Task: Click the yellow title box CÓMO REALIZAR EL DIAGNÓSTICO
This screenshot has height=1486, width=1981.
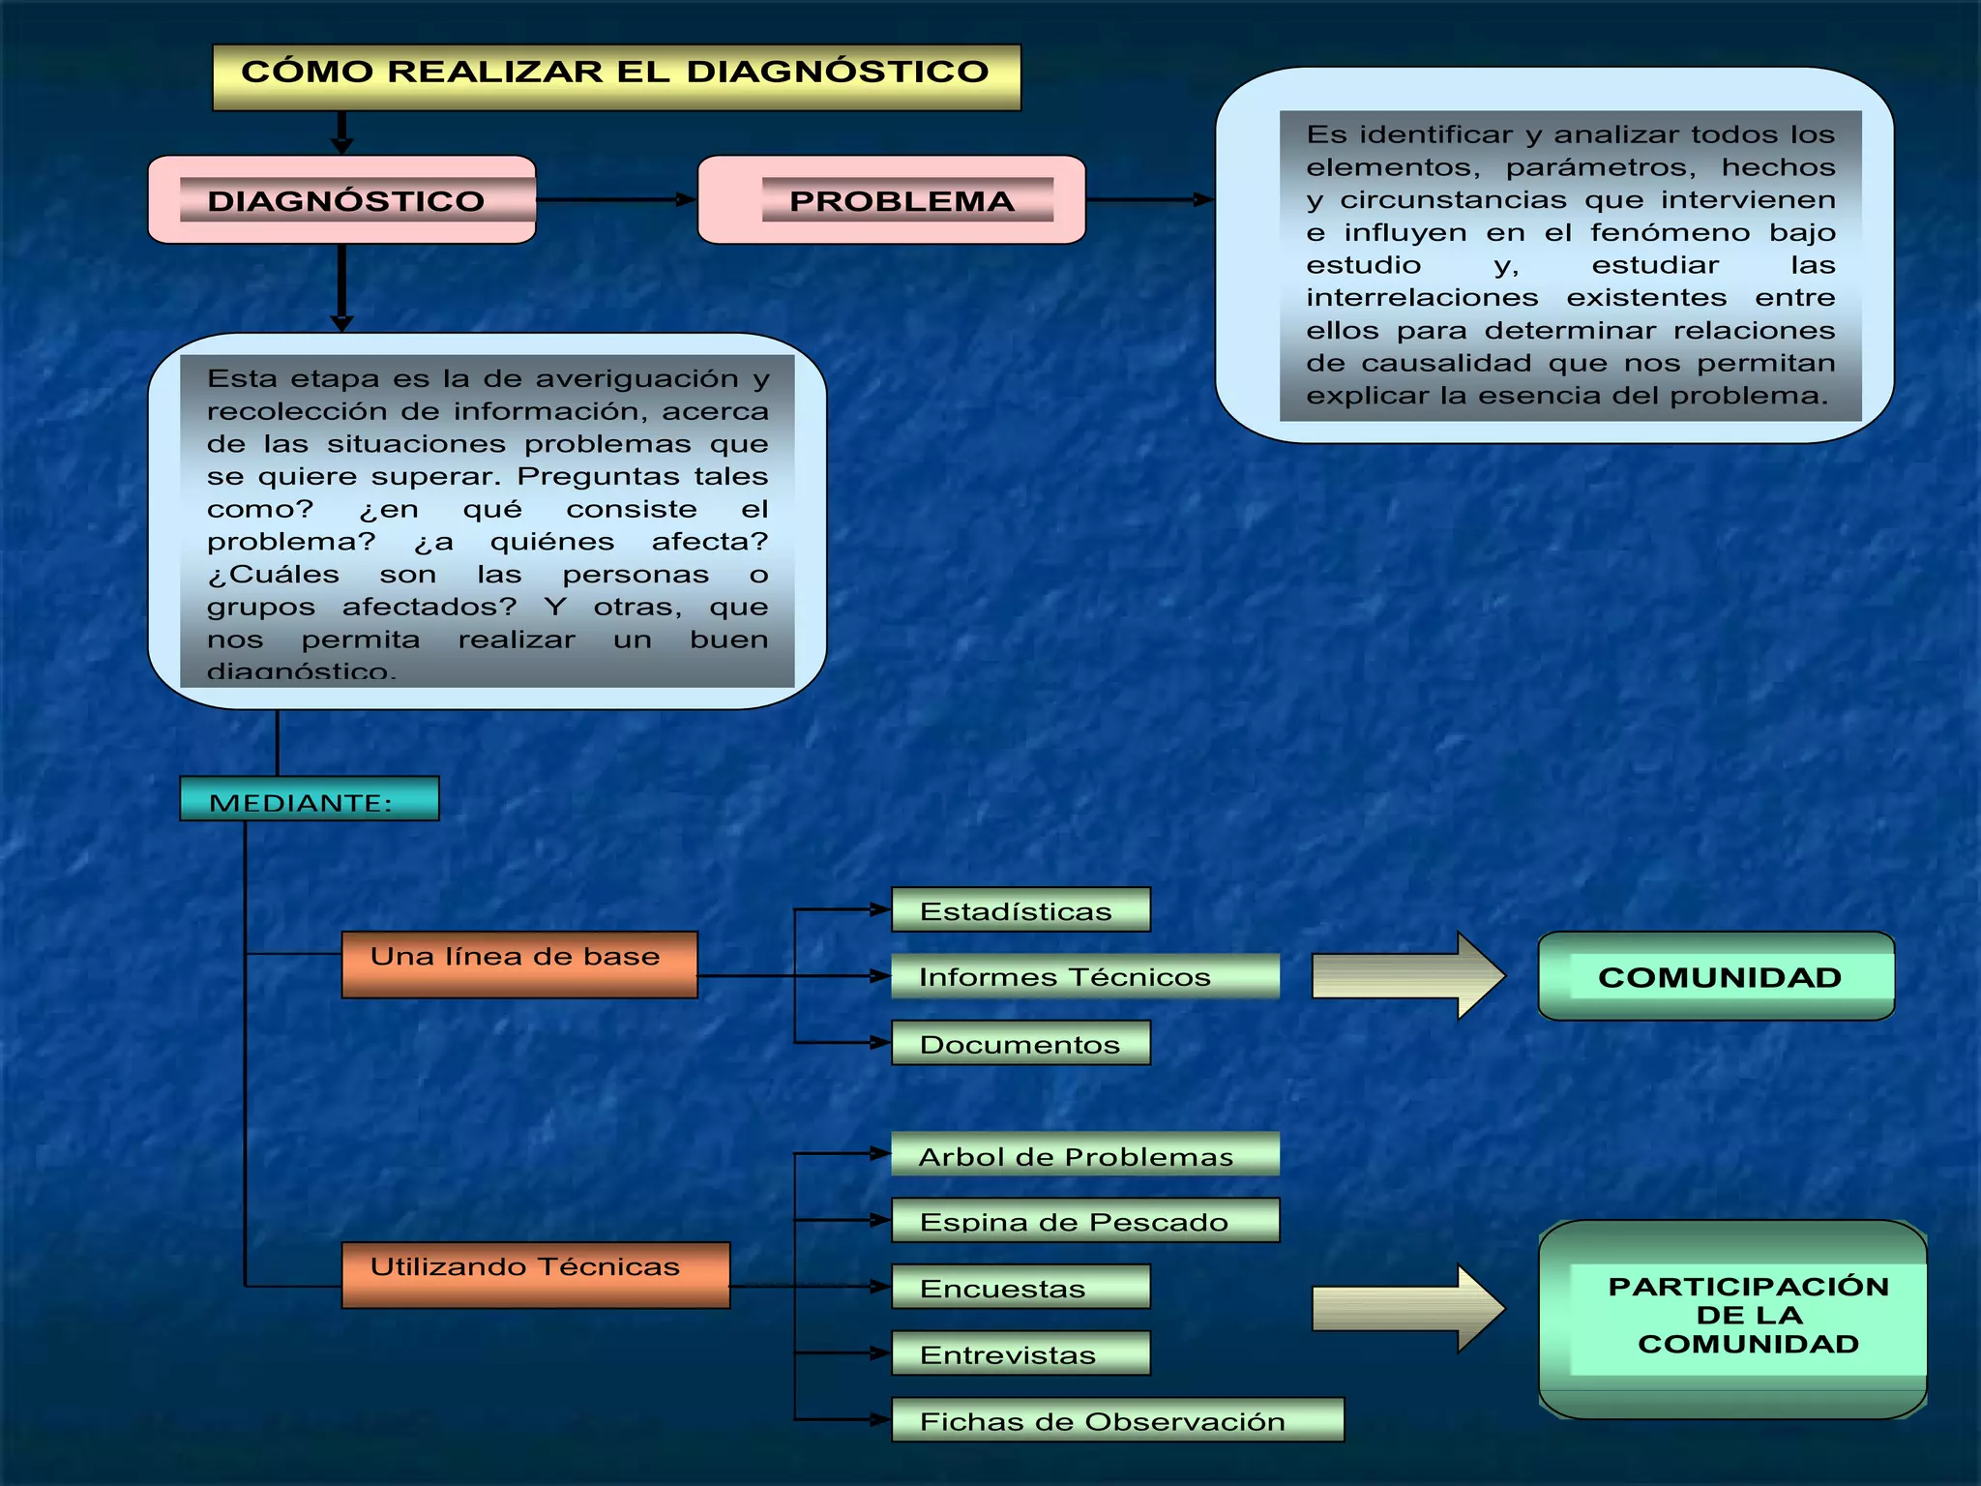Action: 616,76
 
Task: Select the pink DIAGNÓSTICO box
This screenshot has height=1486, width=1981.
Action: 341,199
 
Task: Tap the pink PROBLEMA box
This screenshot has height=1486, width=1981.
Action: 891,199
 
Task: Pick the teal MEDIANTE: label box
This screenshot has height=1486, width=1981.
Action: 309,799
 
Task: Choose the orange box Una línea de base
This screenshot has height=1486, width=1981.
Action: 518,964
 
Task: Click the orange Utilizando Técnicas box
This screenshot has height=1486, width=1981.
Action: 535,1274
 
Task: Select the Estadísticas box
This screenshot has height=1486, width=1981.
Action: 1020,909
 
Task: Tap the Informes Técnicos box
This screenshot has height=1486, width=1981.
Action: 1084,976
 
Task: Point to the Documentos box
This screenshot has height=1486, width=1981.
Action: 1020,1043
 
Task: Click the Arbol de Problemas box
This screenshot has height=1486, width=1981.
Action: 1084,1154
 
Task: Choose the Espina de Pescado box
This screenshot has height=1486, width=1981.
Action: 1084,1220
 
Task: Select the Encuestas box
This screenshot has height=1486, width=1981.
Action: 1020,1287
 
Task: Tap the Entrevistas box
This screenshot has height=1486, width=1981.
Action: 1020,1352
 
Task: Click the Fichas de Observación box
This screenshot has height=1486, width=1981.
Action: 1116,1419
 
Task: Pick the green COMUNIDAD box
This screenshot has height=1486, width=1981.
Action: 1715,976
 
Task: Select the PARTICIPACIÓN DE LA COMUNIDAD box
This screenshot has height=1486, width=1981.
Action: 1731,1318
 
